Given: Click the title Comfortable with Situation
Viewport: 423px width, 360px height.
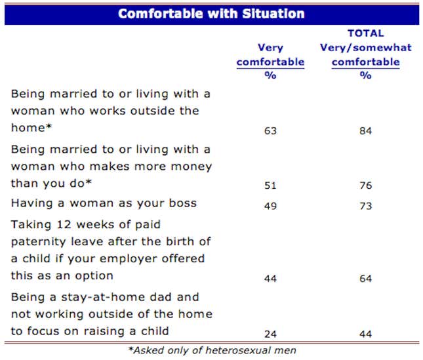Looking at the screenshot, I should tap(211, 14).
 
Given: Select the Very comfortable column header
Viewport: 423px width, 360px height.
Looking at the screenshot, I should tap(270, 55).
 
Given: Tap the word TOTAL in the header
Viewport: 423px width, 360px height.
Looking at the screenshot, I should tap(365, 33).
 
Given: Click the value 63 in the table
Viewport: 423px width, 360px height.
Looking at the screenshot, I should tap(270, 130).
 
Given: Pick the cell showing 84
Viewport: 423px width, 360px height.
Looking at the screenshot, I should tap(365, 130).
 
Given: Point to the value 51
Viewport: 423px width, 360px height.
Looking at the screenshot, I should tap(270, 185).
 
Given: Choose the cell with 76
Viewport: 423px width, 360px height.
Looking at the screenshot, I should tap(365, 185).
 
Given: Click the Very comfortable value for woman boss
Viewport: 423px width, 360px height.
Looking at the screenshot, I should tap(270, 205).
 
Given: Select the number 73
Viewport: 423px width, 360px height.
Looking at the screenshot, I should tap(365, 205).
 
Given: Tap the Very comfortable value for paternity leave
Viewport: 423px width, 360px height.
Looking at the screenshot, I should tap(270, 279).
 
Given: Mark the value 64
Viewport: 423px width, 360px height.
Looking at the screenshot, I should tap(365, 279).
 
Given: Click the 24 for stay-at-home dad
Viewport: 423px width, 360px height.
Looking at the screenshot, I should tap(270, 334).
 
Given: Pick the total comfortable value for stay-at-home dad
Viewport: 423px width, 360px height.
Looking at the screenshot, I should tap(365, 334).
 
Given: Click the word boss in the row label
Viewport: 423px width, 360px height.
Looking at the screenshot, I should tap(183, 203).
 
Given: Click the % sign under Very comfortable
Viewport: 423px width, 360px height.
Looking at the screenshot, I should tap(270, 75).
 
